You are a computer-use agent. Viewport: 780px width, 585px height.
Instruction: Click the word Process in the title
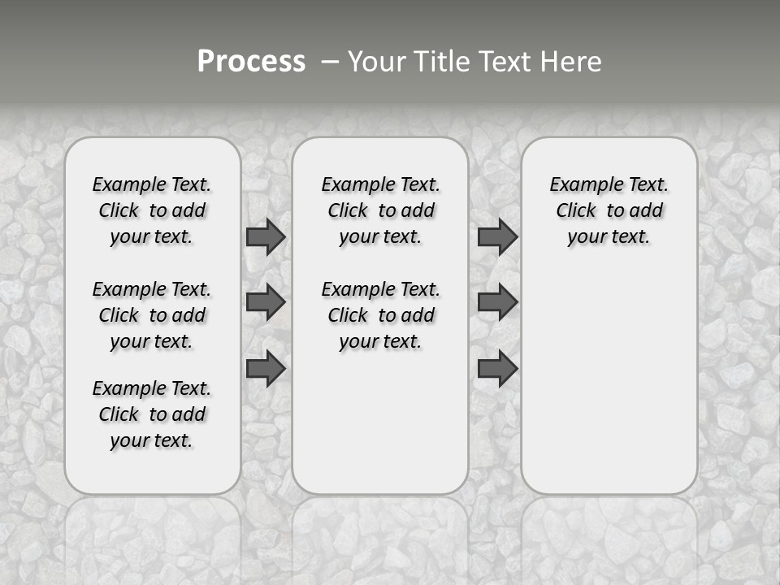pos(251,62)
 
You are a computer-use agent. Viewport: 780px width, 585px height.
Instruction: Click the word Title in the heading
pos(439,62)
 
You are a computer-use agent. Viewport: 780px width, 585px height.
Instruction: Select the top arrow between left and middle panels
pos(266,236)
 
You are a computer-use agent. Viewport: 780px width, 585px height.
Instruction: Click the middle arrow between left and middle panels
pos(266,302)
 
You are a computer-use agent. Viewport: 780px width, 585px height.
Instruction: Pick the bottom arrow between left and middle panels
pos(266,368)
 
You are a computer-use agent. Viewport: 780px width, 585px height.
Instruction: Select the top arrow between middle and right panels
pos(497,236)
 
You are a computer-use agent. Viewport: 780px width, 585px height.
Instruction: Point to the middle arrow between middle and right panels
pos(497,302)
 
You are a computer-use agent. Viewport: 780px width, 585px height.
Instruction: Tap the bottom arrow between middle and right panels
pos(497,368)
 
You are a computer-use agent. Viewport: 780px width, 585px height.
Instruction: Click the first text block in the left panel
pos(152,210)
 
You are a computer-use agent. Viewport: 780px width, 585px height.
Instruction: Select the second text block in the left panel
pos(152,315)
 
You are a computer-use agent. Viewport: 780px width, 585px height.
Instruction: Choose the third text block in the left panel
pos(152,414)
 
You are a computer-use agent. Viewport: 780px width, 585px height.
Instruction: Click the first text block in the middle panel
pos(380,210)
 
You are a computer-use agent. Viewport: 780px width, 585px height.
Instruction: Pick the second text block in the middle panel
pos(380,315)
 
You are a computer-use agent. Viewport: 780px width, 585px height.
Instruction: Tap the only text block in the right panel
pos(609,210)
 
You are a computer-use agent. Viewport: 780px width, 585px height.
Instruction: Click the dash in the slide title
pos(330,62)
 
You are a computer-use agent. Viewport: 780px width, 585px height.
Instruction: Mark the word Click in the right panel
pos(576,211)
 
